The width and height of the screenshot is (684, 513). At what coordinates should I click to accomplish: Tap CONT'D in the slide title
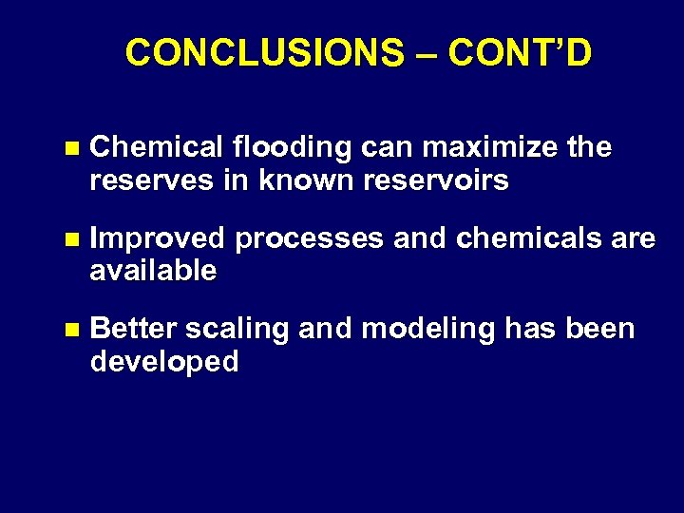tap(520, 53)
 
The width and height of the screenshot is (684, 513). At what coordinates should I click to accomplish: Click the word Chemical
tap(157, 148)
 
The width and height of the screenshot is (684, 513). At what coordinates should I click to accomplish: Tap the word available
tap(153, 271)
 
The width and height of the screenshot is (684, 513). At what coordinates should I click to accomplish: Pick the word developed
tap(164, 361)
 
